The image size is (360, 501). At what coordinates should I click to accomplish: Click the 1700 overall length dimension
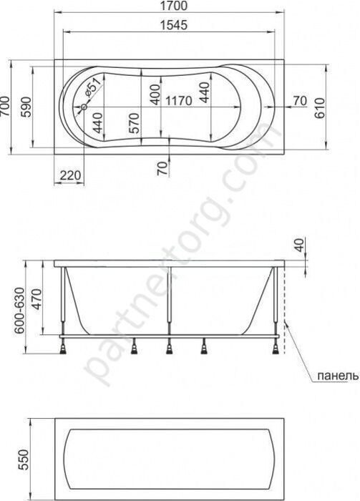pyautogui.click(x=173, y=6)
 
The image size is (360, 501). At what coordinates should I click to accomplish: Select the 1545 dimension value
pyautogui.click(x=173, y=25)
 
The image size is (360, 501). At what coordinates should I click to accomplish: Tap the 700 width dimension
pyautogui.click(x=6, y=107)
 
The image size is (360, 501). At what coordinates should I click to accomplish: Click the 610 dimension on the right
pyautogui.click(x=319, y=107)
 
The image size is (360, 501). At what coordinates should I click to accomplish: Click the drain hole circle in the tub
pyautogui.click(x=84, y=107)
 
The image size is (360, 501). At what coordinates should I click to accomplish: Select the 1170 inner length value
pyautogui.click(x=179, y=101)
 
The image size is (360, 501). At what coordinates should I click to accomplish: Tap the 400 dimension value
pyautogui.click(x=155, y=94)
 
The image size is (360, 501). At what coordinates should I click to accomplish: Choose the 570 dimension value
pyautogui.click(x=134, y=123)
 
